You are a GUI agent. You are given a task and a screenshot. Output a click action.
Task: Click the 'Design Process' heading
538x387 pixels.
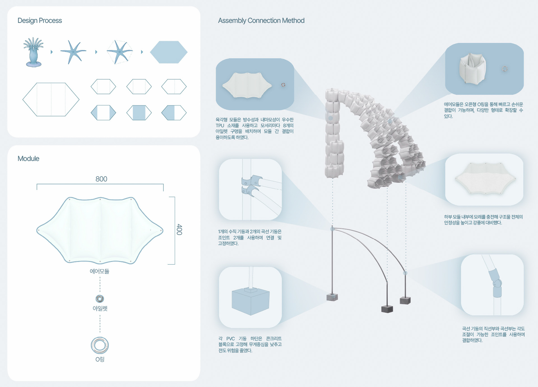(x=40, y=20)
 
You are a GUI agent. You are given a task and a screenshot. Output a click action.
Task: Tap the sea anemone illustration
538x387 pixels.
(x=34, y=52)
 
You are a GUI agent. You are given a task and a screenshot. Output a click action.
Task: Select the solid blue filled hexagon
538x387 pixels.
(x=169, y=52)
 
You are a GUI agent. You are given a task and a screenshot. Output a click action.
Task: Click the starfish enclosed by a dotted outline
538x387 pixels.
(x=120, y=52)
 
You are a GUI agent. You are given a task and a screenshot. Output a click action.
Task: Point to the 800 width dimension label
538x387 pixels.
(x=101, y=179)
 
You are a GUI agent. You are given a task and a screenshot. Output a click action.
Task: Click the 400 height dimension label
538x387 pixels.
(x=179, y=230)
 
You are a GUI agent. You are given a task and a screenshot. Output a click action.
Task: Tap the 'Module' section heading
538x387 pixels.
(x=28, y=158)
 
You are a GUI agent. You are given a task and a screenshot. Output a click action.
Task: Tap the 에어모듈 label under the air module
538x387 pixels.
(x=99, y=271)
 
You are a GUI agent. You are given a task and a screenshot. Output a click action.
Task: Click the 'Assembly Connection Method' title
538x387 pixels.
(x=261, y=20)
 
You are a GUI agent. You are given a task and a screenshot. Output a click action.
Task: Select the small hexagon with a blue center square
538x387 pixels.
(x=139, y=113)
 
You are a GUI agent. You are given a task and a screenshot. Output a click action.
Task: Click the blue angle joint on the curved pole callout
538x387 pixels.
(x=496, y=283)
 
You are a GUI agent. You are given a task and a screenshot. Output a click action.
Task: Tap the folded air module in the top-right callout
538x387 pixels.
(x=472, y=69)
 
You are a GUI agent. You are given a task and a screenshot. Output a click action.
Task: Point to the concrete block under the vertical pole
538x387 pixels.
(x=332, y=297)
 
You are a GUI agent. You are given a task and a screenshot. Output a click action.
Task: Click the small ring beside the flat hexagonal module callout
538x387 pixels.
(x=283, y=85)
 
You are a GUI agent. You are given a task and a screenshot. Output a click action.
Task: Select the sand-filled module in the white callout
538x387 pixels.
(x=485, y=178)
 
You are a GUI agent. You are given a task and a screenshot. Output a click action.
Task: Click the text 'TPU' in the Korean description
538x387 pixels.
(x=220, y=125)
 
